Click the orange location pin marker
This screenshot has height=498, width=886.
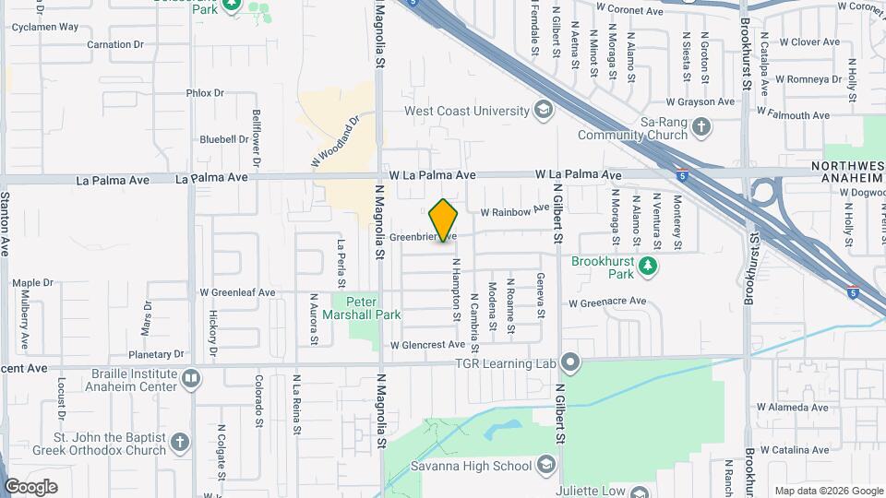coord(444,220)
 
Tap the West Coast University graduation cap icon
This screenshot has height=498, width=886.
coord(545,111)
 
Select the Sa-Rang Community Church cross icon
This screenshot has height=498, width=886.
coord(701,126)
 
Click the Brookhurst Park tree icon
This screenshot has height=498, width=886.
coord(649,267)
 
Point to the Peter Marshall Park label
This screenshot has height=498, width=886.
coord(373,308)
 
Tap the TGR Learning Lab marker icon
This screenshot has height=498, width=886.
coord(571,362)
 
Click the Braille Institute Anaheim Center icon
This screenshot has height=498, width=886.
coord(191,378)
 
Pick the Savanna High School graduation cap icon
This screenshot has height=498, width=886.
coord(546,465)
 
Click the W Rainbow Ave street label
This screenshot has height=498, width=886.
coord(515,211)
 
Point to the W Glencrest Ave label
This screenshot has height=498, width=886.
coord(427,345)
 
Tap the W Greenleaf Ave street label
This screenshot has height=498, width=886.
coord(238,292)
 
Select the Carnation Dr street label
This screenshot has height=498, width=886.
coord(115,44)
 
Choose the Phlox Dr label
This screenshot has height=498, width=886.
coord(205,93)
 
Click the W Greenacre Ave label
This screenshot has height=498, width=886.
coord(606,302)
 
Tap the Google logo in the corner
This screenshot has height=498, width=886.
coord(30,486)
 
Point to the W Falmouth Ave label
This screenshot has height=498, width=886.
coord(793,115)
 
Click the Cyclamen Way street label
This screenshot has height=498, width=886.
coord(44,27)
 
